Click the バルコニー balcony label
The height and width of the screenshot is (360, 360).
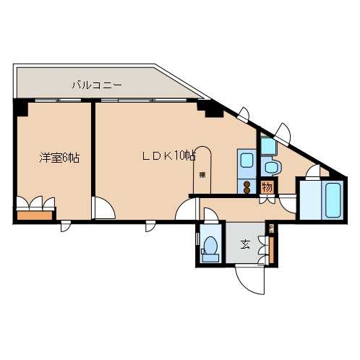click(x=95, y=86)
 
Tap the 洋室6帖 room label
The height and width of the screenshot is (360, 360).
click(x=59, y=156)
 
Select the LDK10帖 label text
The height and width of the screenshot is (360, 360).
click(x=168, y=155)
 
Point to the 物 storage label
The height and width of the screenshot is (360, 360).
click(x=267, y=187)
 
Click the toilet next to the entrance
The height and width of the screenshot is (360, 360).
click(x=211, y=246)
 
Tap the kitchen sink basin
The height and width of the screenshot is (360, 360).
click(x=245, y=162)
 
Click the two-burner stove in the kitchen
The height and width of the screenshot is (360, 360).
click(x=247, y=187)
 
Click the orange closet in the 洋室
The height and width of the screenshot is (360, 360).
click(x=35, y=213)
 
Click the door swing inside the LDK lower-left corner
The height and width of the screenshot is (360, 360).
click(x=103, y=208)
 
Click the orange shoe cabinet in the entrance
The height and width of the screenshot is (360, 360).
click(x=273, y=246)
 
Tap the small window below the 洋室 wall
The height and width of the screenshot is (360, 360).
click(x=66, y=226)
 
